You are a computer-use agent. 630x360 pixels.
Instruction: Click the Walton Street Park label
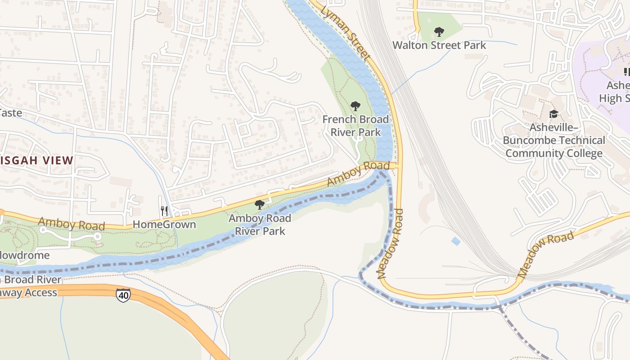pos(439,45)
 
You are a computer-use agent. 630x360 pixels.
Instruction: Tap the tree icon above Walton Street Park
pos(439,32)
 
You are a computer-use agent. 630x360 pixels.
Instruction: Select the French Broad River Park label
pos(355,126)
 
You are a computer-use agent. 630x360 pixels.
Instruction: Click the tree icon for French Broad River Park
pos(355,106)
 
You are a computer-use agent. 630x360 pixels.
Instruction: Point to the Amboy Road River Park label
pos(260,225)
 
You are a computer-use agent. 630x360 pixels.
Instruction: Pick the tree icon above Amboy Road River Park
pos(260,205)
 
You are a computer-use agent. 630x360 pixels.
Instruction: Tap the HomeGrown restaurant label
pos(164,225)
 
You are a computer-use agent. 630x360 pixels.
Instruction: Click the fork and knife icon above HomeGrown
pos(164,210)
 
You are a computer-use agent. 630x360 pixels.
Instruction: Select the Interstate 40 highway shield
pos(123,295)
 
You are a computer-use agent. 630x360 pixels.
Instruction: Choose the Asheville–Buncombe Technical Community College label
pos(553,140)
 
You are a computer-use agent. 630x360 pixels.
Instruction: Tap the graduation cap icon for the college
pos(553,114)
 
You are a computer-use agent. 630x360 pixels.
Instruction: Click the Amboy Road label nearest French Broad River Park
pos(358,173)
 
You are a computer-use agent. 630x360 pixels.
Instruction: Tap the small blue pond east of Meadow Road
pos(456,241)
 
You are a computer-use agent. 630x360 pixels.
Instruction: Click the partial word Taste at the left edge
pos(11,113)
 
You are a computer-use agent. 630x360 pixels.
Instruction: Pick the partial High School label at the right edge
pos(614,92)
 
